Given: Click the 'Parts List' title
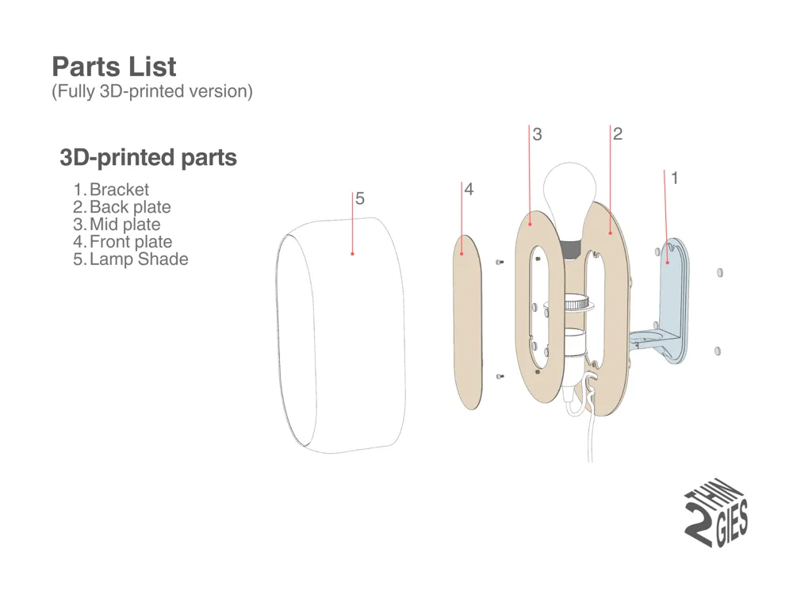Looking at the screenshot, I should tap(114, 66).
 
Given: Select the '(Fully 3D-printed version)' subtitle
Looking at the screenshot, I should tap(152, 91).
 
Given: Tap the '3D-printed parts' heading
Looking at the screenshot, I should tap(148, 158).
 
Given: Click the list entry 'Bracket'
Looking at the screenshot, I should tap(119, 190).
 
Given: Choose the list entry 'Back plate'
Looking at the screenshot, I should tap(130, 207).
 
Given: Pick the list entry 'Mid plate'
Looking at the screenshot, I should tap(125, 225).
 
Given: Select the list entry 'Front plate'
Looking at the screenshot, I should tap(131, 242).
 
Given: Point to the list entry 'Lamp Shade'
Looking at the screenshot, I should tap(139, 259).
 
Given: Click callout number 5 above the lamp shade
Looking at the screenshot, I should tap(360, 199).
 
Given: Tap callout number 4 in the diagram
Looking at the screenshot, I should tap(469, 190).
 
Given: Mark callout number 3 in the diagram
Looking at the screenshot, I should tap(538, 135).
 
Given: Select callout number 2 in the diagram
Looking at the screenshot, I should tap(618, 134).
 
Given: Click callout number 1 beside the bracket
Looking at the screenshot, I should tap(675, 178).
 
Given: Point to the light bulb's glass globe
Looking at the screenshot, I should tap(569, 190).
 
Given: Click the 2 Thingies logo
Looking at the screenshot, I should tap(716, 516).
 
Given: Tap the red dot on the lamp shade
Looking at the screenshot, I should tap(352, 254).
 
